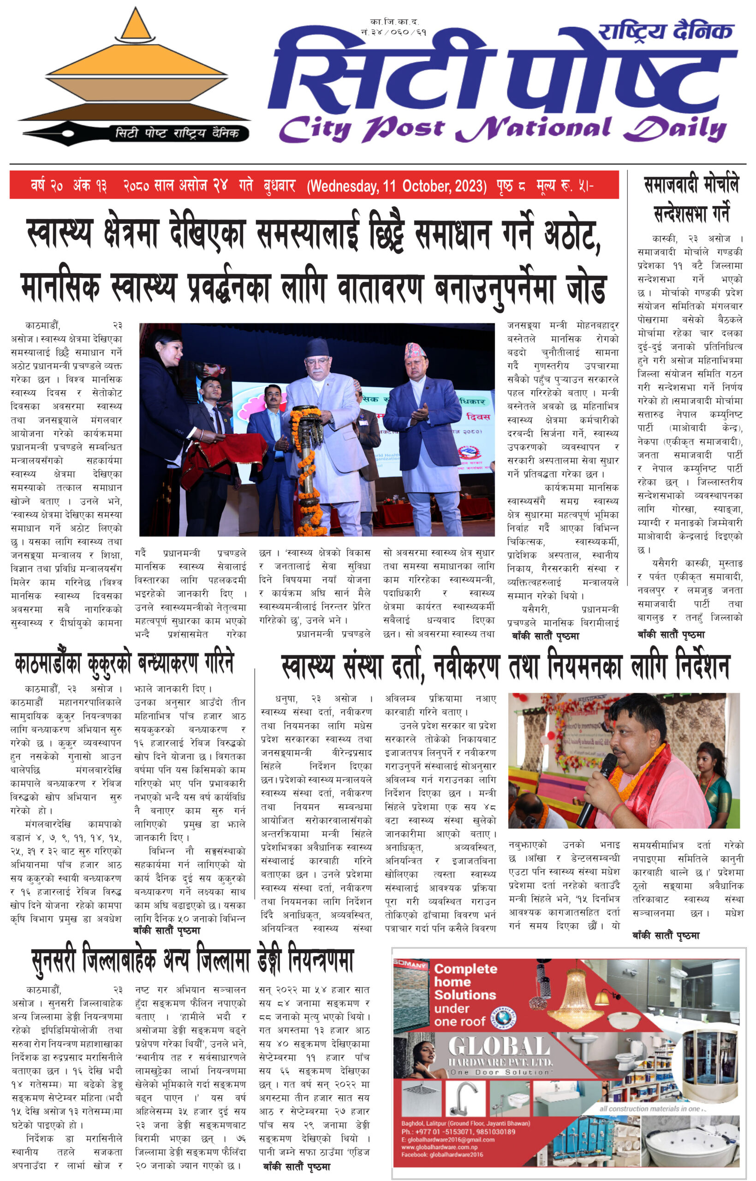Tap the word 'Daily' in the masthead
pos(675,130)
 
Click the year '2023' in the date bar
pos(469,186)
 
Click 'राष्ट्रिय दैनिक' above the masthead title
pos(665,31)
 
